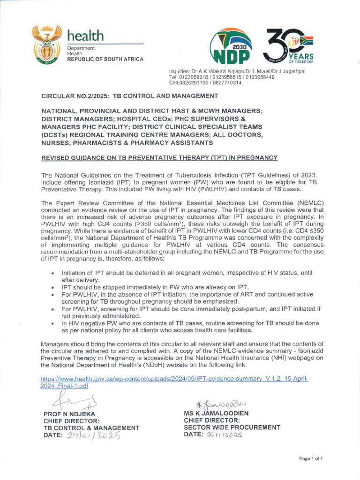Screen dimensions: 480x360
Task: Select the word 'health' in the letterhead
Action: (85, 35)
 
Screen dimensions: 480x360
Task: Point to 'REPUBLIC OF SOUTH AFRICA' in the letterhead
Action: (105, 59)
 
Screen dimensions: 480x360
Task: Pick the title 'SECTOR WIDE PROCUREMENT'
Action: (232, 427)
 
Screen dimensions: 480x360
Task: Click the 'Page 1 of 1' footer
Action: (310, 458)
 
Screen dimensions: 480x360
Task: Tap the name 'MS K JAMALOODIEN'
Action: (216, 413)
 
